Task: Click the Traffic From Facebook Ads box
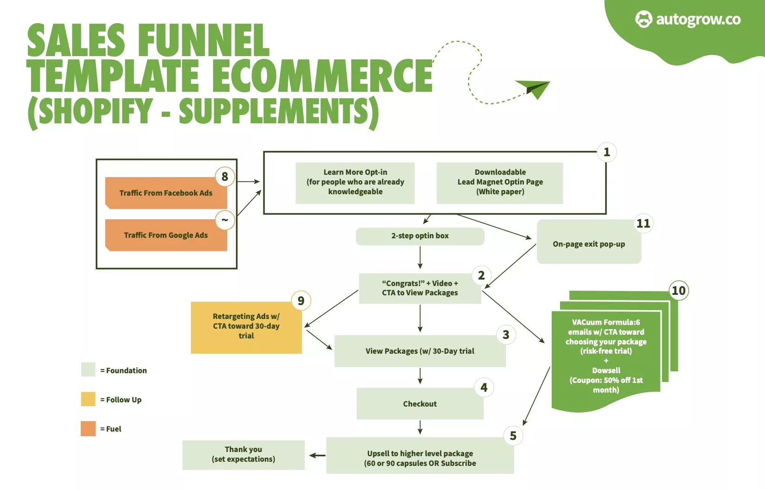coord(166,193)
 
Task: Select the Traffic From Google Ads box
coord(166,235)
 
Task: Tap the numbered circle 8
coord(225,177)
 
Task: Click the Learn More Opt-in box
coord(355,182)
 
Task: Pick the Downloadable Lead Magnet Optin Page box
coord(500,182)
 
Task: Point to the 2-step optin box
coord(420,236)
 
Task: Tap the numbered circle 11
coord(643,223)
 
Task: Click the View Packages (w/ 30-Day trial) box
coord(420,351)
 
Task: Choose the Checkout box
coord(420,404)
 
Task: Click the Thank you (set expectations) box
coord(243,455)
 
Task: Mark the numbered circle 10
coord(678,291)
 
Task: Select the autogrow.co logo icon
coord(644,19)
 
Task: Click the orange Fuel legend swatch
coord(88,429)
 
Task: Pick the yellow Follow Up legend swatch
coord(88,399)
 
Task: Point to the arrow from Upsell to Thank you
coord(317,456)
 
